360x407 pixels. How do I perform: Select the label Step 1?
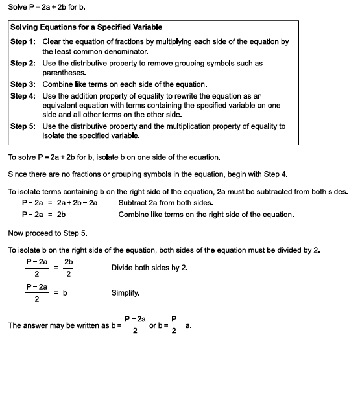[23, 41]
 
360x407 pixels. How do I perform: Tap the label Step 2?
[23, 64]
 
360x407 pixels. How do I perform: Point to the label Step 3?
[23, 84]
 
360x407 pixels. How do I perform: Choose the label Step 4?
[23, 96]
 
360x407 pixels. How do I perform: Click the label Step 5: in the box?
[23, 127]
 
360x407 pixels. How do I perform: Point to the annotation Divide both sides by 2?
[150, 267]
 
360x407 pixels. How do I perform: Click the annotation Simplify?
[125, 293]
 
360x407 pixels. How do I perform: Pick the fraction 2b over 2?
[68, 268]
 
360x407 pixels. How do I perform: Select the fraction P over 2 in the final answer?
[173, 325]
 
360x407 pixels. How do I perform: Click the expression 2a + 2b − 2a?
[77, 202]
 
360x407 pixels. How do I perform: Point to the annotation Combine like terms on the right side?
[206, 214]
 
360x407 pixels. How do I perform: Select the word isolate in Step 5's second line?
[56, 136]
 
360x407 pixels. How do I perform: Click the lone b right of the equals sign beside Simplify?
[65, 293]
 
